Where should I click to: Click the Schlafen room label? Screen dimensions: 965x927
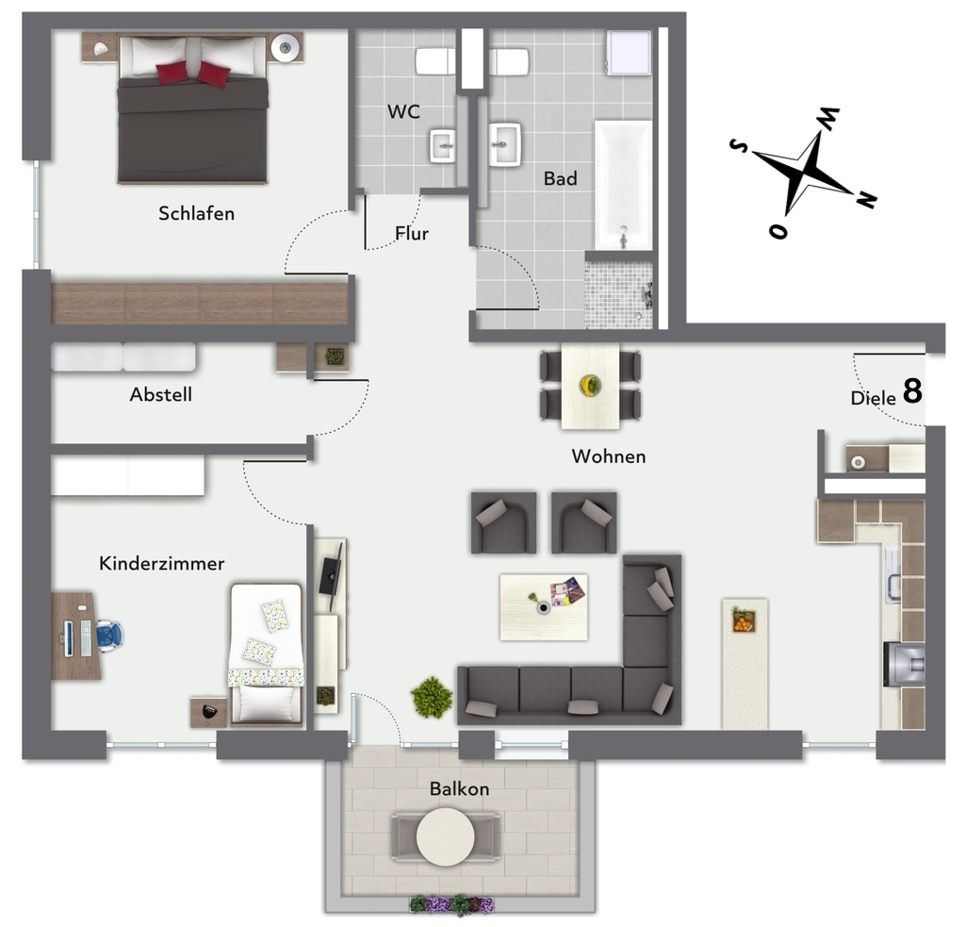(196, 213)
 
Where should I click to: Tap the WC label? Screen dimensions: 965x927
(403, 111)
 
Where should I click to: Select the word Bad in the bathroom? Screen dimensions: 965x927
(560, 178)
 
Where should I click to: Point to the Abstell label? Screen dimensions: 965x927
(160, 394)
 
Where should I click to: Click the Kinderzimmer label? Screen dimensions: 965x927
(161, 563)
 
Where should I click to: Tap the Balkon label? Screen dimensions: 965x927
(459, 788)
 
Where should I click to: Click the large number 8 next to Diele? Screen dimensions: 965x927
(912, 390)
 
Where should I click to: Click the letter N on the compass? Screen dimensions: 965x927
(867, 199)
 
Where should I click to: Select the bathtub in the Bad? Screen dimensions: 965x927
(623, 185)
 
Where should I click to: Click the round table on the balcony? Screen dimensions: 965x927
(445, 836)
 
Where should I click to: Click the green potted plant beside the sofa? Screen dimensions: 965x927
(432, 697)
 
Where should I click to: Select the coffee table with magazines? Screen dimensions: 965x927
(544, 607)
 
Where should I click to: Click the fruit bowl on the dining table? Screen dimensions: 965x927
(590, 386)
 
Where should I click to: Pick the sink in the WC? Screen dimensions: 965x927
(443, 145)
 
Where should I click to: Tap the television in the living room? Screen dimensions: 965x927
(331, 575)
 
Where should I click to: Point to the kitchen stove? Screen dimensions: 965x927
(904, 664)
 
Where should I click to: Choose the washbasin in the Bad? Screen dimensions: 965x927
(505, 144)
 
